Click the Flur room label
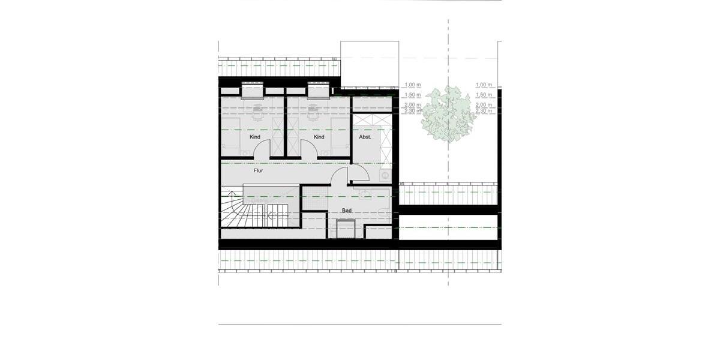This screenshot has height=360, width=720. [x=258, y=171]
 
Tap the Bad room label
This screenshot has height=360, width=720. [x=347, y=211]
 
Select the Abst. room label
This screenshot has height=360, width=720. [x=365, y=137]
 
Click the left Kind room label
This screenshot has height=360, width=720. [x=255, y=137]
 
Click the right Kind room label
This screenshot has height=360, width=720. [x=319, y=137]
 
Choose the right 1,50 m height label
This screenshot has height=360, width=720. [x=483, y=95]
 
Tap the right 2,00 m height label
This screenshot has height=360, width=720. [x=483, y=105]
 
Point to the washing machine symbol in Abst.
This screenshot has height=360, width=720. [x=385, y=175]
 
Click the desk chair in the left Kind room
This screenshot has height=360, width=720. [x=258, y=109]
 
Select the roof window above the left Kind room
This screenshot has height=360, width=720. [x=253, y=89]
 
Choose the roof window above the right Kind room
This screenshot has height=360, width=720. [x=318, y=89]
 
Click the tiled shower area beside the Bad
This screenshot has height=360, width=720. [x=314, y=198]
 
